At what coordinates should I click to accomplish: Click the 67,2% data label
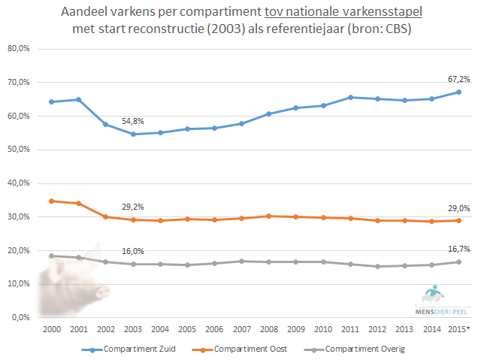click(459, 79)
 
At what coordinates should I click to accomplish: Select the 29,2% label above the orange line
click(133, 207)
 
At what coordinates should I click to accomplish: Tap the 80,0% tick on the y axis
click(18, 49)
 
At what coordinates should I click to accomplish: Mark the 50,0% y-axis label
click(18, 150)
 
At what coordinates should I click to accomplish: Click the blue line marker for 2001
click(78, 99)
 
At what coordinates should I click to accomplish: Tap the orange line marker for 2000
click(51, 201)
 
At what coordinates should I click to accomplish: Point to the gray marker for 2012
click(377, 266)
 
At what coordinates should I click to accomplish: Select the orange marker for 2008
click(269, 216)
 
